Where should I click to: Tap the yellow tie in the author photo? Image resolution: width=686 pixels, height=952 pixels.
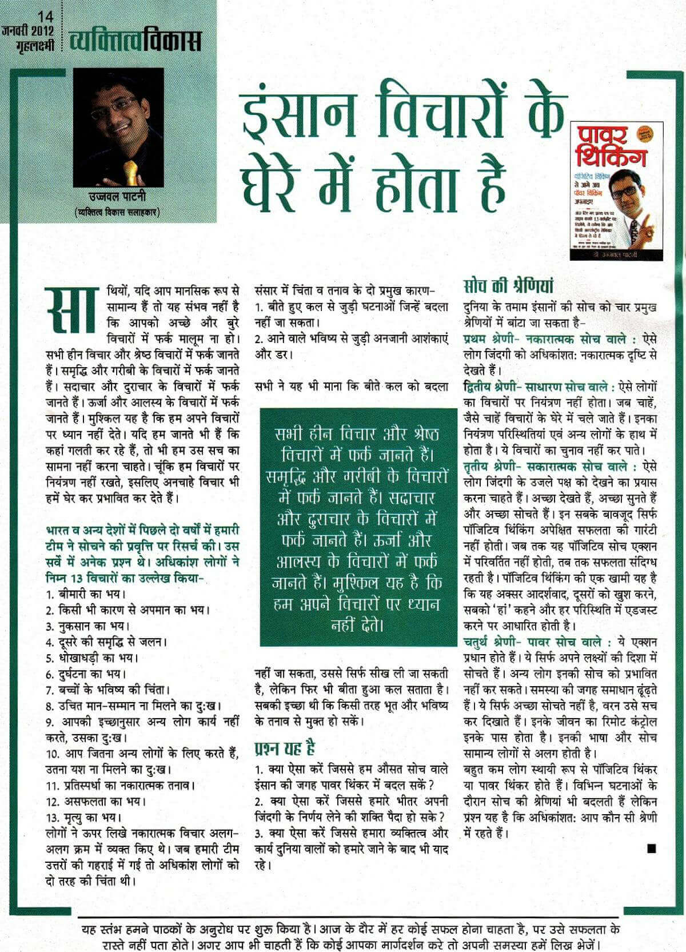click(x=131, y=171)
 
